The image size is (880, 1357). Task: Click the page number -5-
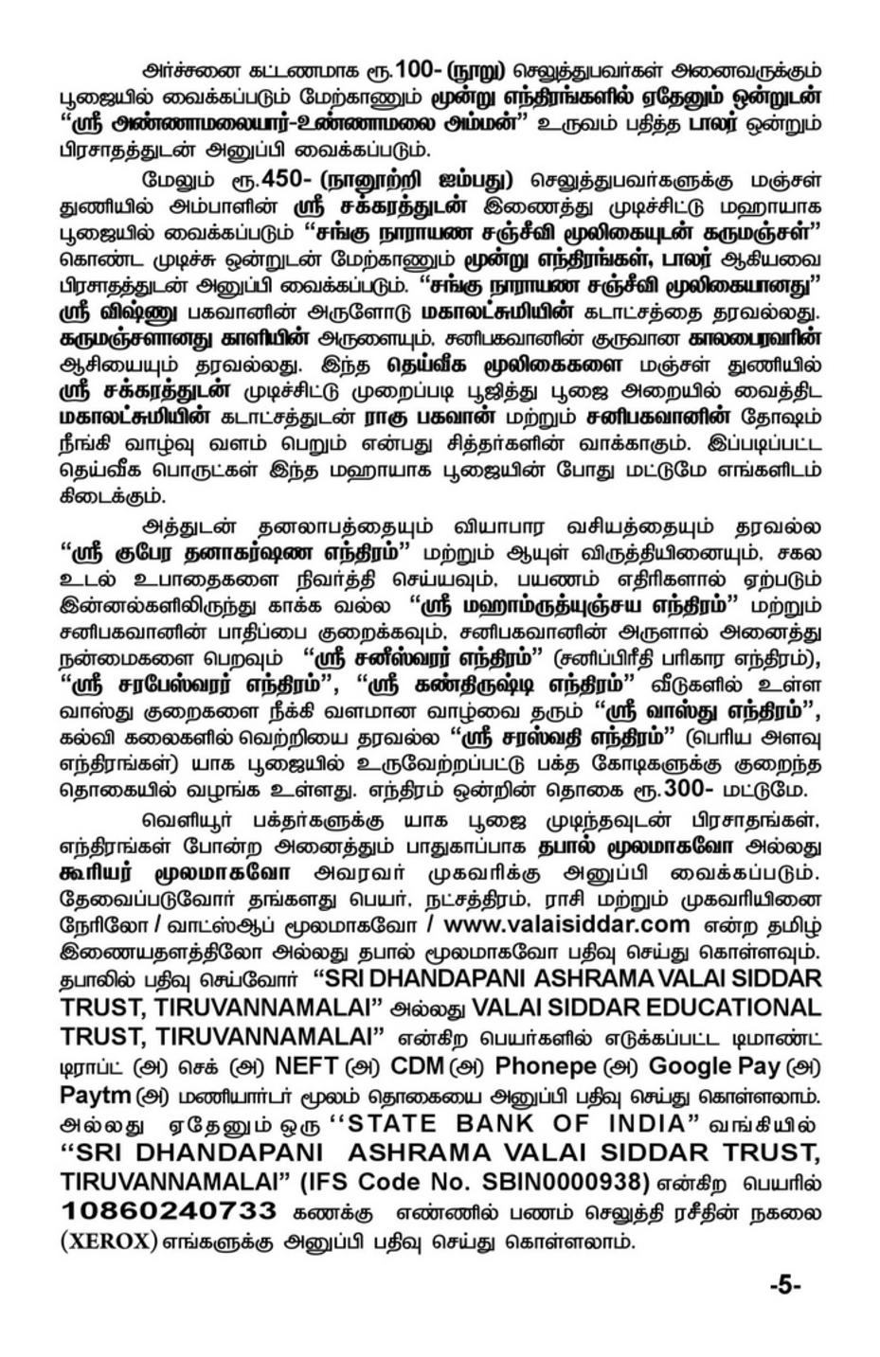click(785, 1285)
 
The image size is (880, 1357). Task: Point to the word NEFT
click(305, 1066)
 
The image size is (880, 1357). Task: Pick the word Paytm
click(95, 1095)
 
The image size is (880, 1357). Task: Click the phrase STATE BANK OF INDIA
click(516, 1124)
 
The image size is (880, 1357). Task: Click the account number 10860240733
click(170, 1211)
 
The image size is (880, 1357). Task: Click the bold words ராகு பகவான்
click(432, 415)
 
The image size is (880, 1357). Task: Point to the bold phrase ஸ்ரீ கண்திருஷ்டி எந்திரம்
click(502, 682)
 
